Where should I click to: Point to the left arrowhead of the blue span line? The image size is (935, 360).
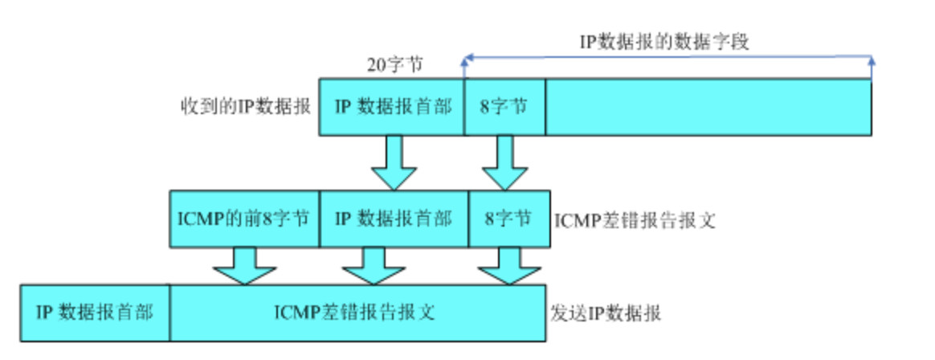[467, 59]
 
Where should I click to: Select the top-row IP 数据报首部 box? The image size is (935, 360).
[392, 107]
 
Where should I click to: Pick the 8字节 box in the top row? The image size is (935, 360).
[504, 107]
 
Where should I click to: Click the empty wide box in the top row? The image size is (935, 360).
[708, 107]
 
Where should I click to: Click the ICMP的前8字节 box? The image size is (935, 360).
[244, 219]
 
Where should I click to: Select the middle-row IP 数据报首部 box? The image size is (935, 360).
[394, 219]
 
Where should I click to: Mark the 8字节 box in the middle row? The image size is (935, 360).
[509, 219]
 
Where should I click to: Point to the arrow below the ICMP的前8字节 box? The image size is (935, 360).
[245, 266]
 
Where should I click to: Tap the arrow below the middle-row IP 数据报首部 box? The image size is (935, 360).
[371, 266]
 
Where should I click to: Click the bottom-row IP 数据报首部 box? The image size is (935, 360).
[95, 313]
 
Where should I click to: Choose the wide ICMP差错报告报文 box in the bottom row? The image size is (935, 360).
[356, 313]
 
